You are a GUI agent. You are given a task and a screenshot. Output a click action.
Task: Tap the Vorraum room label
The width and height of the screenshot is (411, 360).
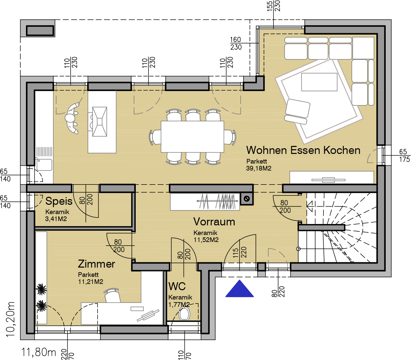pos(214,222)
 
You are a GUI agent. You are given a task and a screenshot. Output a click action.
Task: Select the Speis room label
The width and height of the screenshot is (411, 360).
pos(59,201)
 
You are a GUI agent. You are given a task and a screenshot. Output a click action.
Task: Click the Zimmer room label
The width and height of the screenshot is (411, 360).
pos(97,264)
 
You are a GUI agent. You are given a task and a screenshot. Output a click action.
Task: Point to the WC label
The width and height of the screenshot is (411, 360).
pos(177,286)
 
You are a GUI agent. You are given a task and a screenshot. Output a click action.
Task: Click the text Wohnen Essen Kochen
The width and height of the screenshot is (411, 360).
pos(303,150)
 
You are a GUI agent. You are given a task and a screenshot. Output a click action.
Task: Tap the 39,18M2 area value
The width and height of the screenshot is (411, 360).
pos(259,168)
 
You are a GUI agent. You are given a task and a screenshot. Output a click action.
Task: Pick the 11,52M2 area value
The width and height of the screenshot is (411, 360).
pos(206,240)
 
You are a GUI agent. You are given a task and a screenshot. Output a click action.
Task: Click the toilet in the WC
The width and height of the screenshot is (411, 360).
pos(184,314)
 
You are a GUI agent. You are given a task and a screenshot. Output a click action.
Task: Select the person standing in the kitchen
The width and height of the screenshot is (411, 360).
pos(72,118)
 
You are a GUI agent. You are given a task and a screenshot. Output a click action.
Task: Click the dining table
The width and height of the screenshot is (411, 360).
pos(192,137)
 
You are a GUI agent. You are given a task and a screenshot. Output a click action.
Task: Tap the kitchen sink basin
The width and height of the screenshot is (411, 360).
pos(44,165)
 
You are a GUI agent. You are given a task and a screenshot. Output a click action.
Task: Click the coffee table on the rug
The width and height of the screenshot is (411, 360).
pos(319,82)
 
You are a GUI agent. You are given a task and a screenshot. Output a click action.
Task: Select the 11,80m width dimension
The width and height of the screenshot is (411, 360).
pos(39,352)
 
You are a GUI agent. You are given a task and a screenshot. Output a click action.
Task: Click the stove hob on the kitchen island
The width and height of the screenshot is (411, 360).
pos(100,122)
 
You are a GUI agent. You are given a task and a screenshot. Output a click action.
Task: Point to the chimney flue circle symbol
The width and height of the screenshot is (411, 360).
pos(247,199)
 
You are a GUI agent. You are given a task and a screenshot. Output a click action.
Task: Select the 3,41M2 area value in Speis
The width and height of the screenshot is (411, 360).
pos(56,219)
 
